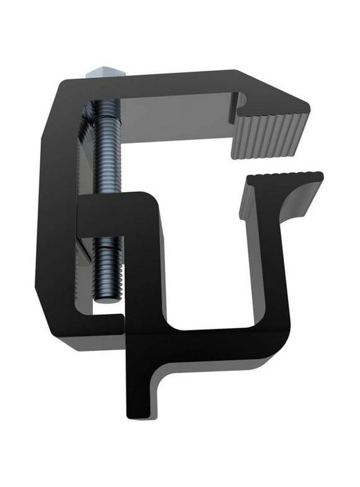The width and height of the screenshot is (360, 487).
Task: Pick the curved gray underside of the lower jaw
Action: coord(292,208)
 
